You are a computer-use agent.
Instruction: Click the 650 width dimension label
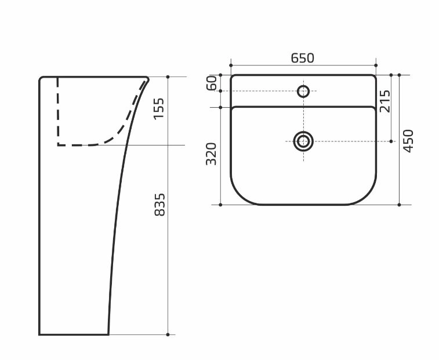(302, 58)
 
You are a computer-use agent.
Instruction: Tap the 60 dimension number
(212, 83)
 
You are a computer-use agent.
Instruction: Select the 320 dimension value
(211, 154)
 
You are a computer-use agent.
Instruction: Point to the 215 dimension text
(384, 101)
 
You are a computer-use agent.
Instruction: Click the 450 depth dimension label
(408, 141)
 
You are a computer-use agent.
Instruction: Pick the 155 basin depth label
(158, 108)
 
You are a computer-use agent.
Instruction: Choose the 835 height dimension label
(159, 205)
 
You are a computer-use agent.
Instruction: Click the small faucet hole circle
(303, 91)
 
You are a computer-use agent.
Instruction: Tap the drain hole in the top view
(303, 141)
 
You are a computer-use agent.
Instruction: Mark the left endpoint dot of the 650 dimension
(231, 66)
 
